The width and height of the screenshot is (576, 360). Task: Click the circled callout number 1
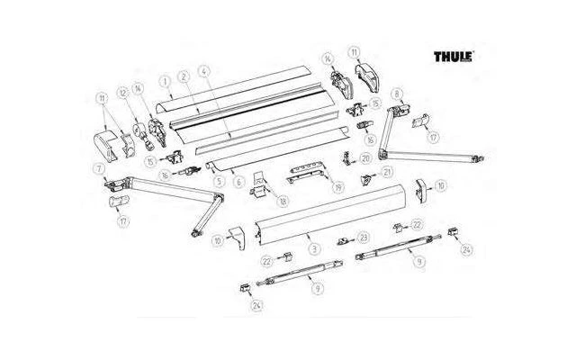[165, 80]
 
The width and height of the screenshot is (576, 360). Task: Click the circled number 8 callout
[396, 93]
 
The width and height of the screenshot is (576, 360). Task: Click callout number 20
[365, 157]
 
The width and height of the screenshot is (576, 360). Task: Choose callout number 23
[364, 237]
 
